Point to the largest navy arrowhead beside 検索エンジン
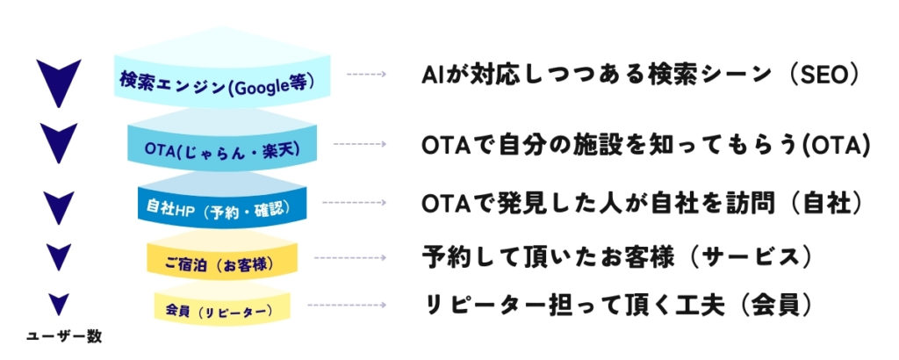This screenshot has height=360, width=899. click(x=59, y=79)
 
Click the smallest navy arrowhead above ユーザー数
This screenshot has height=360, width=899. click(x=59, y=304)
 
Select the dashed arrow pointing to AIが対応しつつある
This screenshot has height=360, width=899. click(x=365, y=75)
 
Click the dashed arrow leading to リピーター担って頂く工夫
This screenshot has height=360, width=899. click(x=345, y=306)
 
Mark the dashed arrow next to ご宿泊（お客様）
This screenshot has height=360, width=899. click(x=349, y=257)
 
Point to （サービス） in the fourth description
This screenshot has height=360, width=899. click(x=751, y=257)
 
